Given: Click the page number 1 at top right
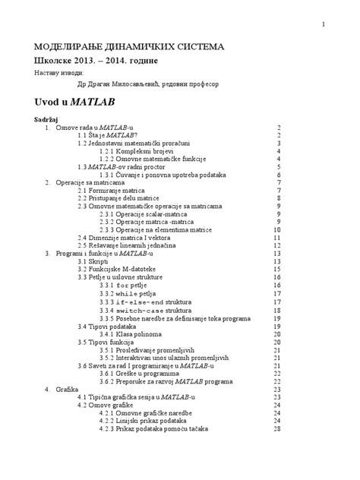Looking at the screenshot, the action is point(324,24).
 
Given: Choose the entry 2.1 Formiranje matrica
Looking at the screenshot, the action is point(112,190).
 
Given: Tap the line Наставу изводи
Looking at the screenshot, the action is point(54,72).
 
